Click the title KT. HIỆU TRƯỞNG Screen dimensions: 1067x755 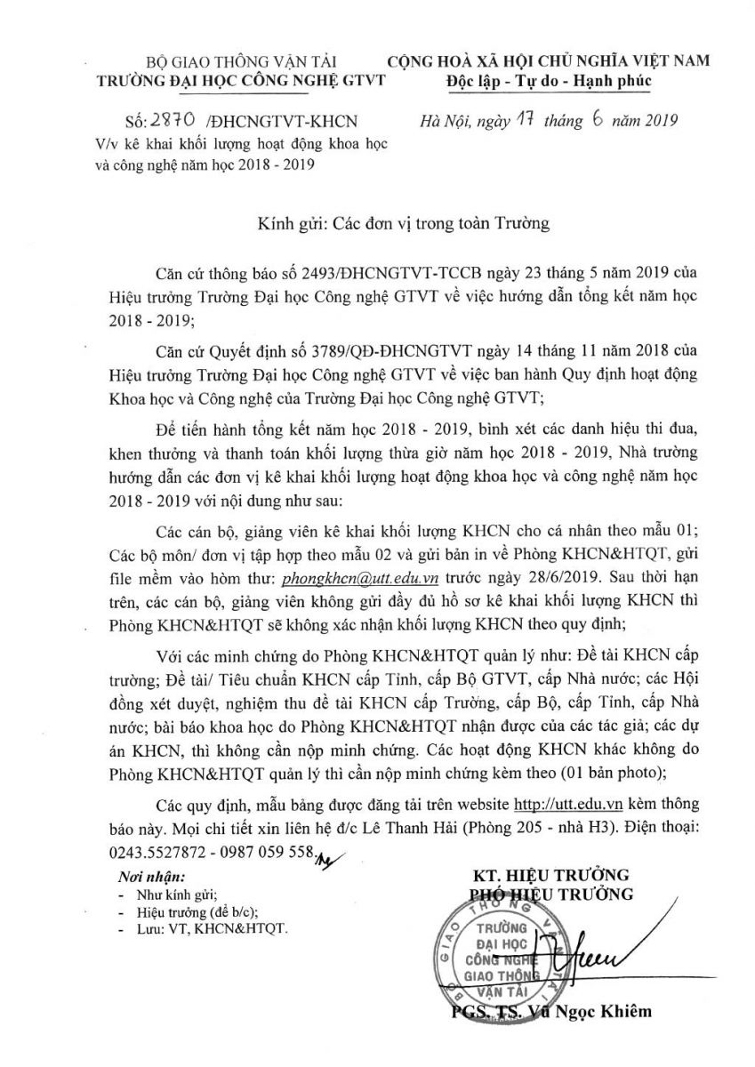pyautogui.click(x=550, y=874)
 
